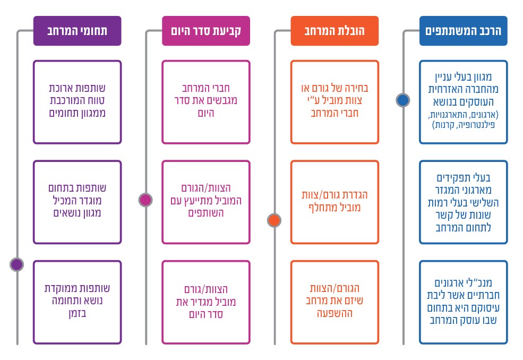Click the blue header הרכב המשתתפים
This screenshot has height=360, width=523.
464,31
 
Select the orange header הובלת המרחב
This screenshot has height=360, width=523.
335,31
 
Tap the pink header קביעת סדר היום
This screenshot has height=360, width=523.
206,31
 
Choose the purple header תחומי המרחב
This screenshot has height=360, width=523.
77,31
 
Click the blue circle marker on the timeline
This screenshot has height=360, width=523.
403,100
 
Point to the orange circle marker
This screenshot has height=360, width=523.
274,220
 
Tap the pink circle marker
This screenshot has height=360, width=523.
145,200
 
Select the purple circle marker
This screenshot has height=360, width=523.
16,264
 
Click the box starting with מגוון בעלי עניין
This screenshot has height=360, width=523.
464,102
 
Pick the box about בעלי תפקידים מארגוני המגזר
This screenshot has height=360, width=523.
464,202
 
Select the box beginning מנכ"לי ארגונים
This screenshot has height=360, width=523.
464,302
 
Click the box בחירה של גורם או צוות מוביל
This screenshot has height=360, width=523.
335,102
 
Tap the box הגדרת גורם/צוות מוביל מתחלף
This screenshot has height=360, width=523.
335,202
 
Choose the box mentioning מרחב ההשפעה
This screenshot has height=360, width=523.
335,302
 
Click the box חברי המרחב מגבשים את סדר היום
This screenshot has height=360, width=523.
206,102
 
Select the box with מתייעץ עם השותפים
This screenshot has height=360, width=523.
206,202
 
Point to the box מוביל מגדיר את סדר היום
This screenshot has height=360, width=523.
206,302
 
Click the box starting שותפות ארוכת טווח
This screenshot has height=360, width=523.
77,102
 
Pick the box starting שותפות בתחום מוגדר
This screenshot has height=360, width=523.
77,202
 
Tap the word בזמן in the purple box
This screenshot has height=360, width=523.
78,314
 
